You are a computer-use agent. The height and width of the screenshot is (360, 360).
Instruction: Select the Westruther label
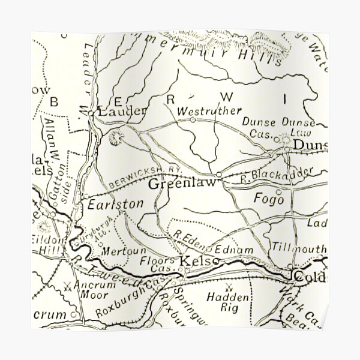coord(210,111)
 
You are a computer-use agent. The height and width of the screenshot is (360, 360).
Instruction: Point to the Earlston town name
coord(115,204)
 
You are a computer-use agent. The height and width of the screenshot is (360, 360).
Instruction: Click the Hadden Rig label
coord(223,302)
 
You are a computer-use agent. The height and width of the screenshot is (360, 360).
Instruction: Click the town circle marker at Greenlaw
coord(219,175)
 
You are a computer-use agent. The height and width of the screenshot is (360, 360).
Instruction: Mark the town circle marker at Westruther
coord(193,120)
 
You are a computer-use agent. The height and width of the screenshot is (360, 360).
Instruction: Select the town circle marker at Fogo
coord(278,191)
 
